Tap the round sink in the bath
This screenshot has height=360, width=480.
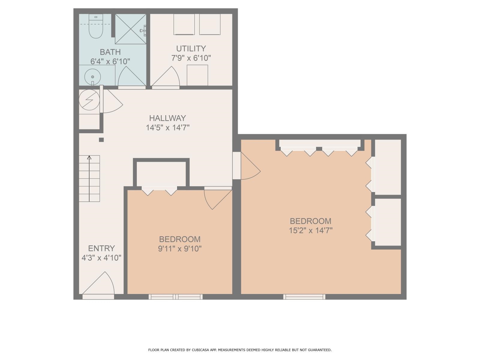pyautogui.click(x=92, y=77)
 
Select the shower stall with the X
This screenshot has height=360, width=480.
pyautogui.click(x=130, y=29)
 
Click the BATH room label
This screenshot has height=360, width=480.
pyautogui.click(x=110, y=52)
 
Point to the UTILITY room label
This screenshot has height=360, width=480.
pyautogui.click(x=191, y=49)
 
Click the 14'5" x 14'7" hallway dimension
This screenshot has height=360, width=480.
pyautogui.click(x=168, y=128)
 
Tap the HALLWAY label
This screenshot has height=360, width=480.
pyautogui.click(x=168, y=118)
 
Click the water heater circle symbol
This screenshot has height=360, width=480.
pyautogui.click(x=89, y=100)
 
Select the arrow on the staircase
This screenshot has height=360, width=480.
pyautogui.click(x=89, y=177)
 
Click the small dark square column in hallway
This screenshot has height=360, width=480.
pyautogui.click(x=101, y=139)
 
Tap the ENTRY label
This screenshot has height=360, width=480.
pyautogui.click(x=101, y=248)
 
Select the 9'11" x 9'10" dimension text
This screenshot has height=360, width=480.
pyautogui.click(x=180, y=249)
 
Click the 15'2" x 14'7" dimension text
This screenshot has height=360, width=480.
pyautogui.click(x=310, y=230)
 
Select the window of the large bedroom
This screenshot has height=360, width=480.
pyautogui.click(x=304, y=297)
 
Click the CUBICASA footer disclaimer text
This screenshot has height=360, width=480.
pyautogui.click(x=240, y=350)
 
